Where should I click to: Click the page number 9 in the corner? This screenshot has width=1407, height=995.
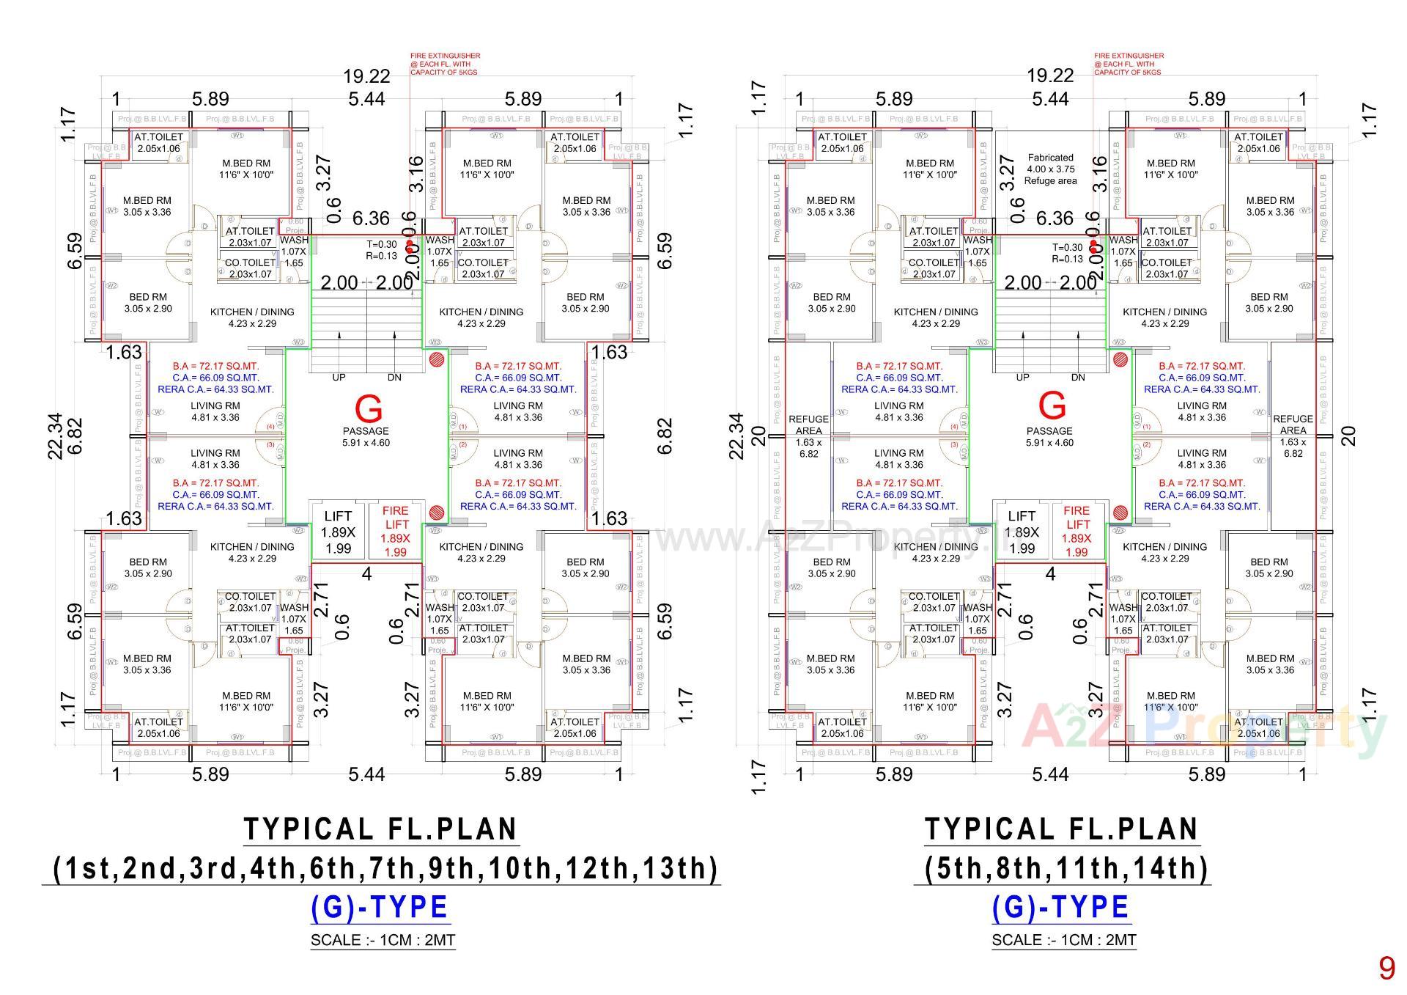(1386, 969)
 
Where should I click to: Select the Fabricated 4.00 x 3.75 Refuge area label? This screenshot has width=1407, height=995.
(1050, 169)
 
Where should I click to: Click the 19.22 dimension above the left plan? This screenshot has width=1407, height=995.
(366, 76)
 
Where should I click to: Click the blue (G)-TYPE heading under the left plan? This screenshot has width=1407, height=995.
(380, 908)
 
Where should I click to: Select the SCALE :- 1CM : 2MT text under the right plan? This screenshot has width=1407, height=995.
(1063, 940)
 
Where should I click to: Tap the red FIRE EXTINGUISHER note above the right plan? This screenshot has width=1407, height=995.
(1129, 64)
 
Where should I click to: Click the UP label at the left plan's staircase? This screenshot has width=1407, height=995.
(339, 378)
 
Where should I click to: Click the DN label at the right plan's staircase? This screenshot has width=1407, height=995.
(1078, 378)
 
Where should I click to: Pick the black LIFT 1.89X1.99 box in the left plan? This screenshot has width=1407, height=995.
(338, 532)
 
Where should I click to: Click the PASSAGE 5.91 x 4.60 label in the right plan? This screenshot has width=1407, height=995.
(1049, 436)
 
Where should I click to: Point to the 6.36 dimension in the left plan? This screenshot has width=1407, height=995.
(371, 219)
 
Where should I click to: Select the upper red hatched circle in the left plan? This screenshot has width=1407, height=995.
(436, 359)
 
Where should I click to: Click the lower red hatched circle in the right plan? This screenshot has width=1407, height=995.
(1120, 513)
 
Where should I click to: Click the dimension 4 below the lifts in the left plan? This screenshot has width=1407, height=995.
(366, 574)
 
